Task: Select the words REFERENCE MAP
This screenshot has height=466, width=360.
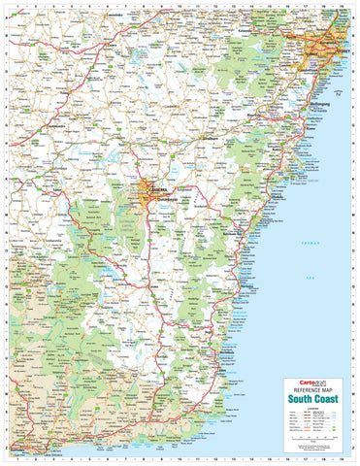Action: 313,389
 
